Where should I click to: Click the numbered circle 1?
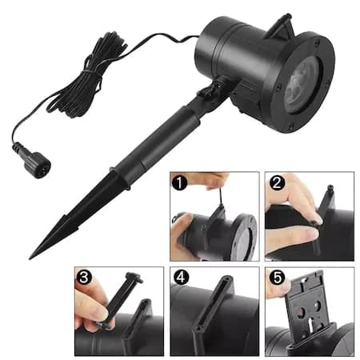(179, 182)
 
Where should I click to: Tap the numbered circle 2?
(277, 182)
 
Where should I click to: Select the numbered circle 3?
(84, 277)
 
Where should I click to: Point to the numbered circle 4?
(181, 277)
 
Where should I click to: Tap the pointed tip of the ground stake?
(30, 258)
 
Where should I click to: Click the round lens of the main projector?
(302, 82)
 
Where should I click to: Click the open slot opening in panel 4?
(213, 302)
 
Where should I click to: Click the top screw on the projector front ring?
(317, 42)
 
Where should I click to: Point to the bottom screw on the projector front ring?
(291, 125)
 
